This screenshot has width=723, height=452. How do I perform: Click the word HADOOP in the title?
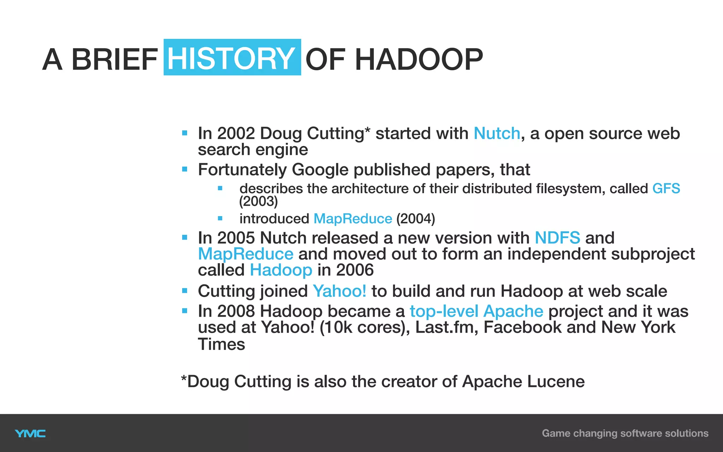point(419,59)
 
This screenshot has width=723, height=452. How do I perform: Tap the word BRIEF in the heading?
point(114,59)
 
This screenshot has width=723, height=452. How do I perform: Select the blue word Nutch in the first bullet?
point(497,133)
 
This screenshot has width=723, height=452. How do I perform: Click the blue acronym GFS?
point(666,188)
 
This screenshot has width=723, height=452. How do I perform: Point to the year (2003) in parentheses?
point(258,201)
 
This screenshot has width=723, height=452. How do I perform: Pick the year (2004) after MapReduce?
point(416,219)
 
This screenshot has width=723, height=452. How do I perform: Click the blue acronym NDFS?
point(557,238)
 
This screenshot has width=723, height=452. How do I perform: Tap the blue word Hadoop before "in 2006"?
point(281,270)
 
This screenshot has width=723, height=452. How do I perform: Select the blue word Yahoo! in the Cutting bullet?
point(339,291)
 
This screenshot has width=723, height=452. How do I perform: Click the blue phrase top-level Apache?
point(476,311)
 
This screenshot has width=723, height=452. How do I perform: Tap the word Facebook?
point(522,327)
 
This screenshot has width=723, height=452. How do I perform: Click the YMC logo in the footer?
point(30,434)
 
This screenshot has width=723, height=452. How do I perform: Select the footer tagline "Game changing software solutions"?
point(625,433)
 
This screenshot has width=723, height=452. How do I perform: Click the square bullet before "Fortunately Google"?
point(185,169)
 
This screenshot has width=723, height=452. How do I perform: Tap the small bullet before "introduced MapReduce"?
point(220,219)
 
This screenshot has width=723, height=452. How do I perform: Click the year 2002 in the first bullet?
point(236,133)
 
